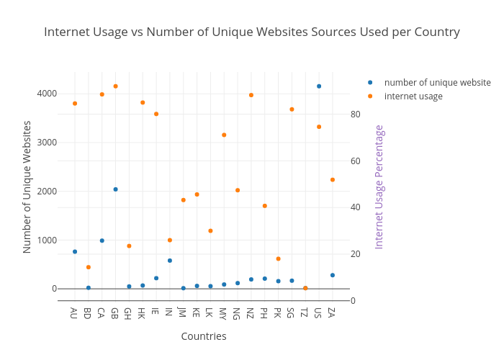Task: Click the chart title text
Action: [x=252, y=32]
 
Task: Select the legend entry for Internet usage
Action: [x=413, y=96]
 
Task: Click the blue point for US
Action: [x=319, y=86]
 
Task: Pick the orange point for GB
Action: [x=115, y=86]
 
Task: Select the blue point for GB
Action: [x=115, y=189]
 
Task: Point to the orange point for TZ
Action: [x=305, y=288]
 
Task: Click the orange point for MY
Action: [x=224, y=135]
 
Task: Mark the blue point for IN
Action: [x=170, y=261]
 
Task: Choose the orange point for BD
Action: [x=89, y=267]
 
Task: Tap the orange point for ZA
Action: [x=333, y=179]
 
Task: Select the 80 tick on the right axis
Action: [x=355, y=114]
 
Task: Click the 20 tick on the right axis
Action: [x=355, y=254]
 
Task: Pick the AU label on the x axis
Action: [x=74, y=313]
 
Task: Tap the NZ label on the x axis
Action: [x=251, y=313]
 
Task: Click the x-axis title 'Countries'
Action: [x=204, y=336]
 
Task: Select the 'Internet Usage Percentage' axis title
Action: [x=379, y=186]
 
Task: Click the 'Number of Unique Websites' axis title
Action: [x=27, y=186]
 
